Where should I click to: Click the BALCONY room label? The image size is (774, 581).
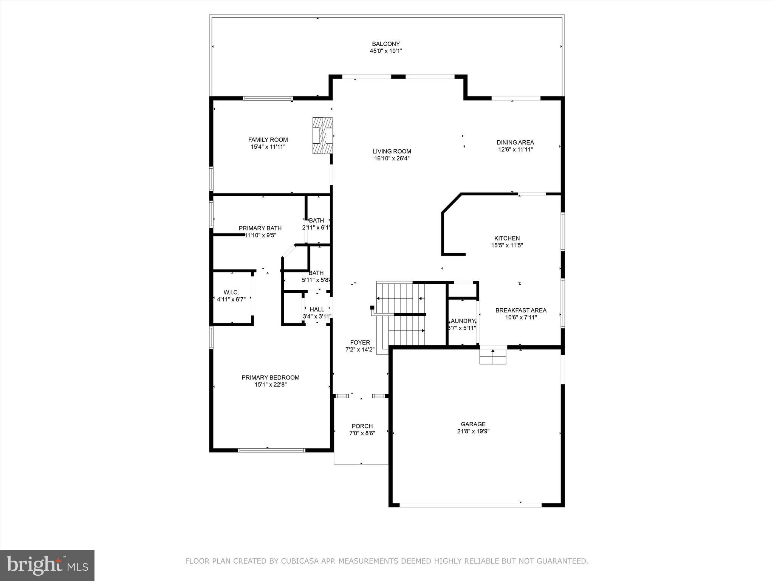[x=385, y=44]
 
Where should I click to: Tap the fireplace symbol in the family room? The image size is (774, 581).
[x=322, y=135]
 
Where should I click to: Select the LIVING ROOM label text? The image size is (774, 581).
[x=392, y=151]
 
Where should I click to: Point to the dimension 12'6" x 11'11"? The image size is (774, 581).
[x=515, y=149]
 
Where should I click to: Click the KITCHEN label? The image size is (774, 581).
[x=507, y=238]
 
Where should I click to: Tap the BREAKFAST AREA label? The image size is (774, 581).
[x=521, y=310]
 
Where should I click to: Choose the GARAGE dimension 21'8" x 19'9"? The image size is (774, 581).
[x=473, y=431]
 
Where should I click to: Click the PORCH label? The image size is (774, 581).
[x=362, y=426]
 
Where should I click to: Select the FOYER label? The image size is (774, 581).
[x=360, y=342]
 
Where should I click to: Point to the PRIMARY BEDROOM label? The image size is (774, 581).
[x=270, y=377]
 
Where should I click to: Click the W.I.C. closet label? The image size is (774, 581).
[x=231, y=292]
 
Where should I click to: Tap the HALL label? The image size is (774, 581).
[x=317, y=309]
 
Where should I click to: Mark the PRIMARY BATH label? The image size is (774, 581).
[x=260, y=228]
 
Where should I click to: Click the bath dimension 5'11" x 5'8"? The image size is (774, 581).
[x=316, y=280]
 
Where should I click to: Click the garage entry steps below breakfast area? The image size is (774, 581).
[x=493, y=356]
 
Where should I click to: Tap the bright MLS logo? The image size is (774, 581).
[x=47, y=565]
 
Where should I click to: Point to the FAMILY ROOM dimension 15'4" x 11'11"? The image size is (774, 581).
[x=268, y=147]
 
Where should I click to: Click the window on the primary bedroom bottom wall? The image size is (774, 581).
[x=271, y=450]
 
